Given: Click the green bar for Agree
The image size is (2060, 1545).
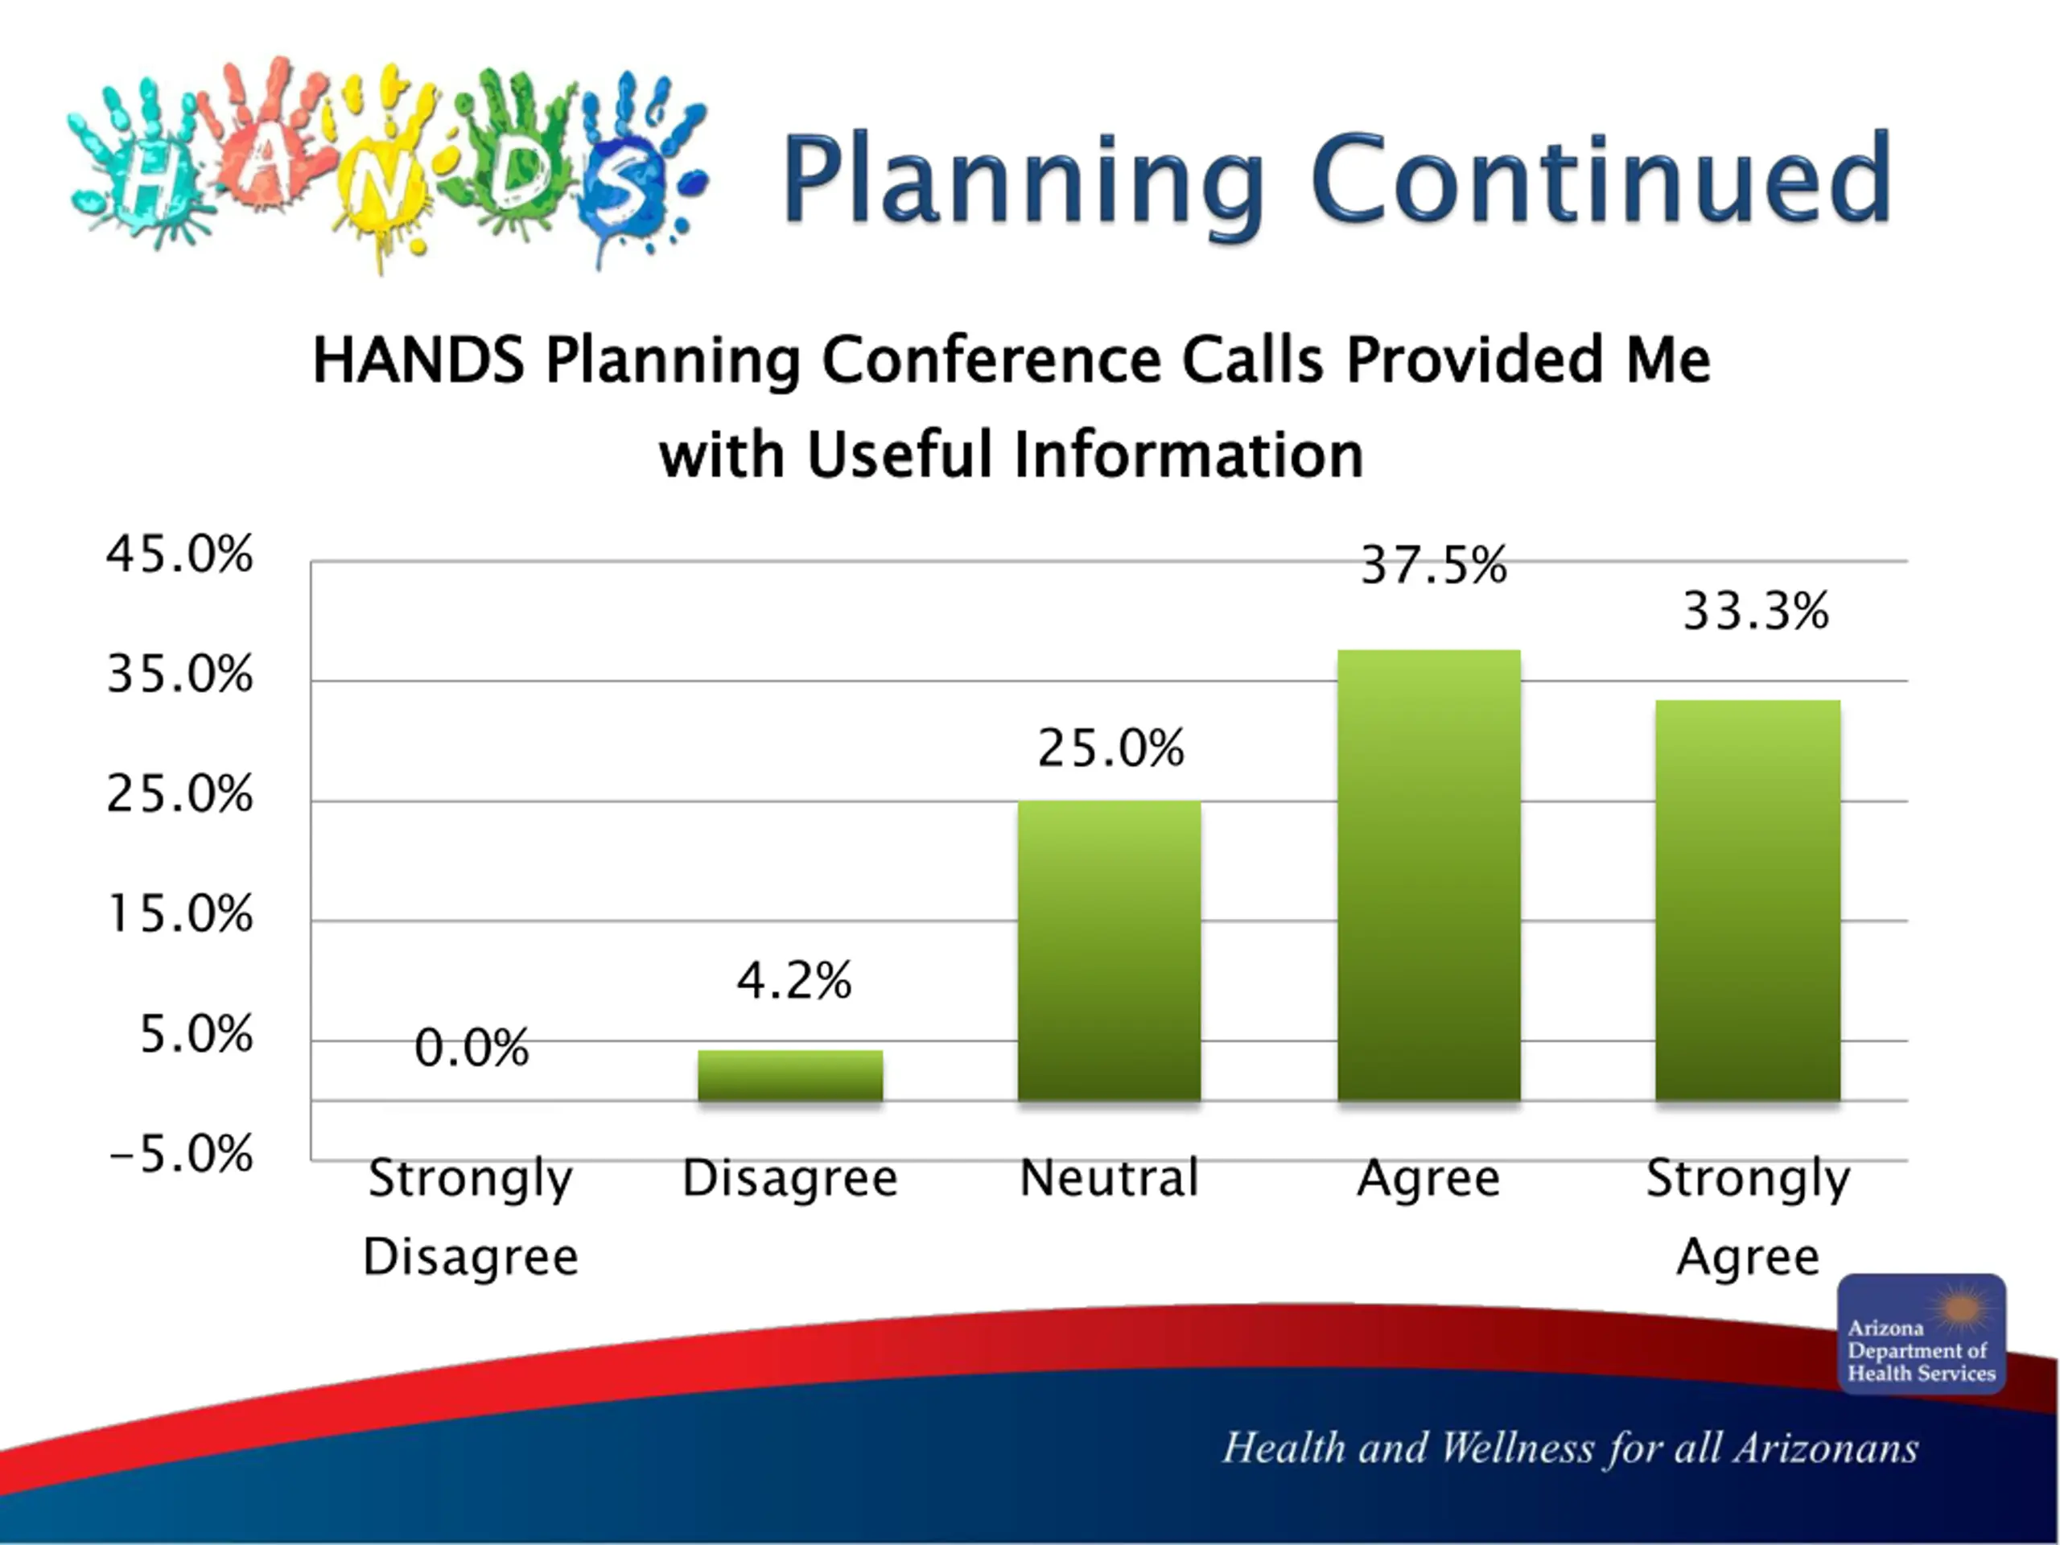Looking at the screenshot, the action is [x=1428, y=875].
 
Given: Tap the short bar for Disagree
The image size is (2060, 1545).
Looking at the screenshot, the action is [x=789, y=1075].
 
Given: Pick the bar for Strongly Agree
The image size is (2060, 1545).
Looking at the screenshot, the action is [x=1747, y=900].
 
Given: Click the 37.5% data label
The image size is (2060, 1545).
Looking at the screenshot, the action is [x=1433, y=564].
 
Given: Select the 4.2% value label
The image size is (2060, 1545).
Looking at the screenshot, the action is [x=794, y=980].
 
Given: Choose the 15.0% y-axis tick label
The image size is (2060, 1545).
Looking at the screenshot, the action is [x=179, y=913].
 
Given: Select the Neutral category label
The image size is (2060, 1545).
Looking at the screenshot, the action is [x=1109, y=1177].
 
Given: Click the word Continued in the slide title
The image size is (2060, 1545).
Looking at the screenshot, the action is [x=1602, y=179].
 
